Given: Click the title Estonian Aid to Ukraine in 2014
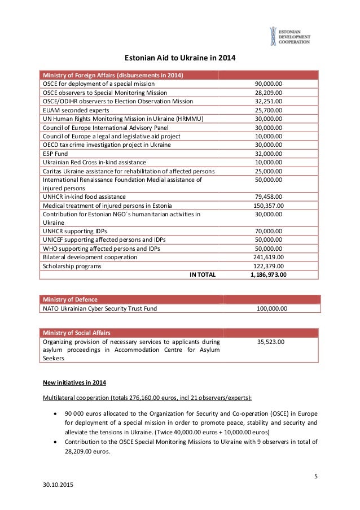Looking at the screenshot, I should pos(179,58).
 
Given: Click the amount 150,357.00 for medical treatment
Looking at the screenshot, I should pos(268,205).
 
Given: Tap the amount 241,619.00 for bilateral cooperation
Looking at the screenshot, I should pos(268,257).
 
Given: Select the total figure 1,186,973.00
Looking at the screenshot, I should pos(268,274).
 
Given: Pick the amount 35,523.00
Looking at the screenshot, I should pos(271,341).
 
